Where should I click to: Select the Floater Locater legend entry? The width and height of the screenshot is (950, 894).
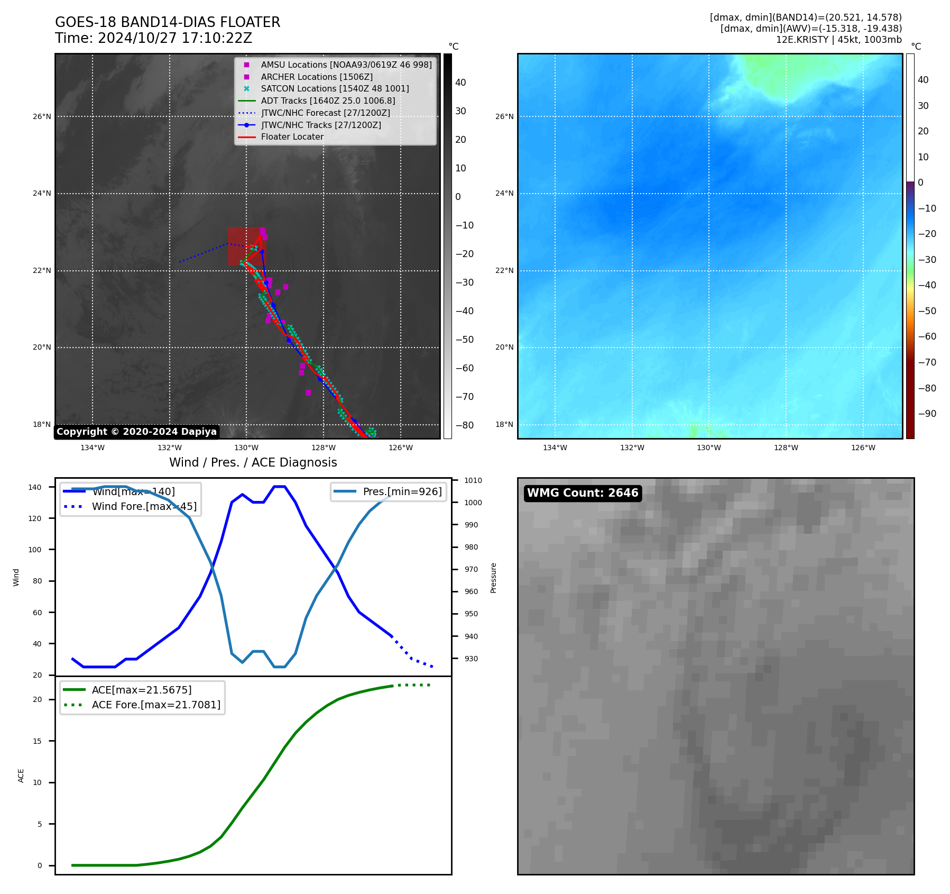pos(292,136)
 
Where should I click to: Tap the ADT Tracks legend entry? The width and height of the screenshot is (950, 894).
pos(328,101)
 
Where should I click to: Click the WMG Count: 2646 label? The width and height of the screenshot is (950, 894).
pos(583,493)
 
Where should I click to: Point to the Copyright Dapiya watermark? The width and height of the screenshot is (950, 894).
pos(136,432)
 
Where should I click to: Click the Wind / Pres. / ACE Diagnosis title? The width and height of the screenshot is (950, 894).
pos(253,462)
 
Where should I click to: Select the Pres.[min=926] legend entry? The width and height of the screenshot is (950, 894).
pos(402,491)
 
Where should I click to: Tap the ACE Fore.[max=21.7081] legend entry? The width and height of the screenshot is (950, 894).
pos(156,705)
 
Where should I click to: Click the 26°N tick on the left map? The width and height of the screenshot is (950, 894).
pos(42,116)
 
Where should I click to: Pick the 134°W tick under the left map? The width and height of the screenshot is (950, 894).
pos(93,448)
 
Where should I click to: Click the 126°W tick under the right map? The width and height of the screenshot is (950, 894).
pos(863,448)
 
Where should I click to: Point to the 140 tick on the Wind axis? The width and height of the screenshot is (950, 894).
pos(35,487)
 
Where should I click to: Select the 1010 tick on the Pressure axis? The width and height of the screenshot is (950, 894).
pos(473,480)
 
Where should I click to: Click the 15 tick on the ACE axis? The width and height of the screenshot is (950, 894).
pos(37,741)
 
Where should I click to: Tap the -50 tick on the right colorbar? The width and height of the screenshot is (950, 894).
pos(927,311)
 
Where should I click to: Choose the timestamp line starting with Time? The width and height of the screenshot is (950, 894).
pos(153,38)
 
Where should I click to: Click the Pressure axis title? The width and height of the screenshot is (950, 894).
pos(493,578)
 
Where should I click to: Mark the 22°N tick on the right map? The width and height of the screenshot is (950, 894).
pos(504,271)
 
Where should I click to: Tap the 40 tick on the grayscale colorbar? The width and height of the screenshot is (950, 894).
pos(460,83)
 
